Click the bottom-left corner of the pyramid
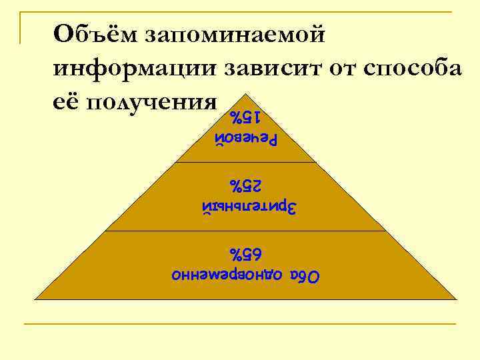[x=35, y=299]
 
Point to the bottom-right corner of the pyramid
[x=455, y=299]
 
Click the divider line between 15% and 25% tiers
[x=245, y=162]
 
